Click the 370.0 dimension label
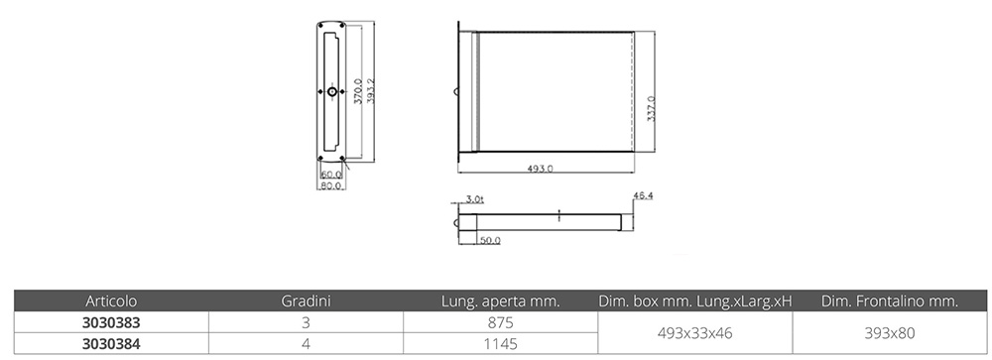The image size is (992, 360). coord(357,91)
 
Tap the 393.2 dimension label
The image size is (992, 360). coord(371,91)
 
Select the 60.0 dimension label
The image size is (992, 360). coord(331,174)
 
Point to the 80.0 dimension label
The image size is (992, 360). coord(331,185)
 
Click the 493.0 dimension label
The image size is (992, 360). coord(541,169)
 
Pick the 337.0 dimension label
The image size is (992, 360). coord(651,107)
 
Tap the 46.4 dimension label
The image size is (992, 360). coord(643,196)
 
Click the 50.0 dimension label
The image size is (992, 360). coord(490,240)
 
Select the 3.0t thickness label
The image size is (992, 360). coord(474,199)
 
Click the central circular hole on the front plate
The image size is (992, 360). coord(332,92)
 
